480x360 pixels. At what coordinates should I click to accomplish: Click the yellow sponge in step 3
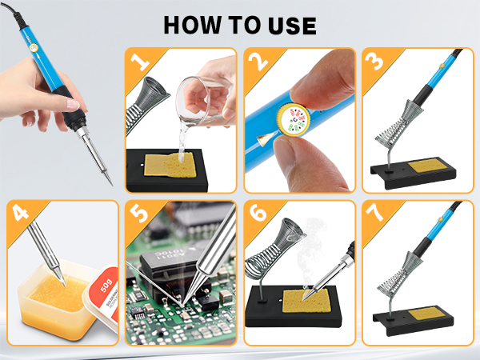coord(429,170)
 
